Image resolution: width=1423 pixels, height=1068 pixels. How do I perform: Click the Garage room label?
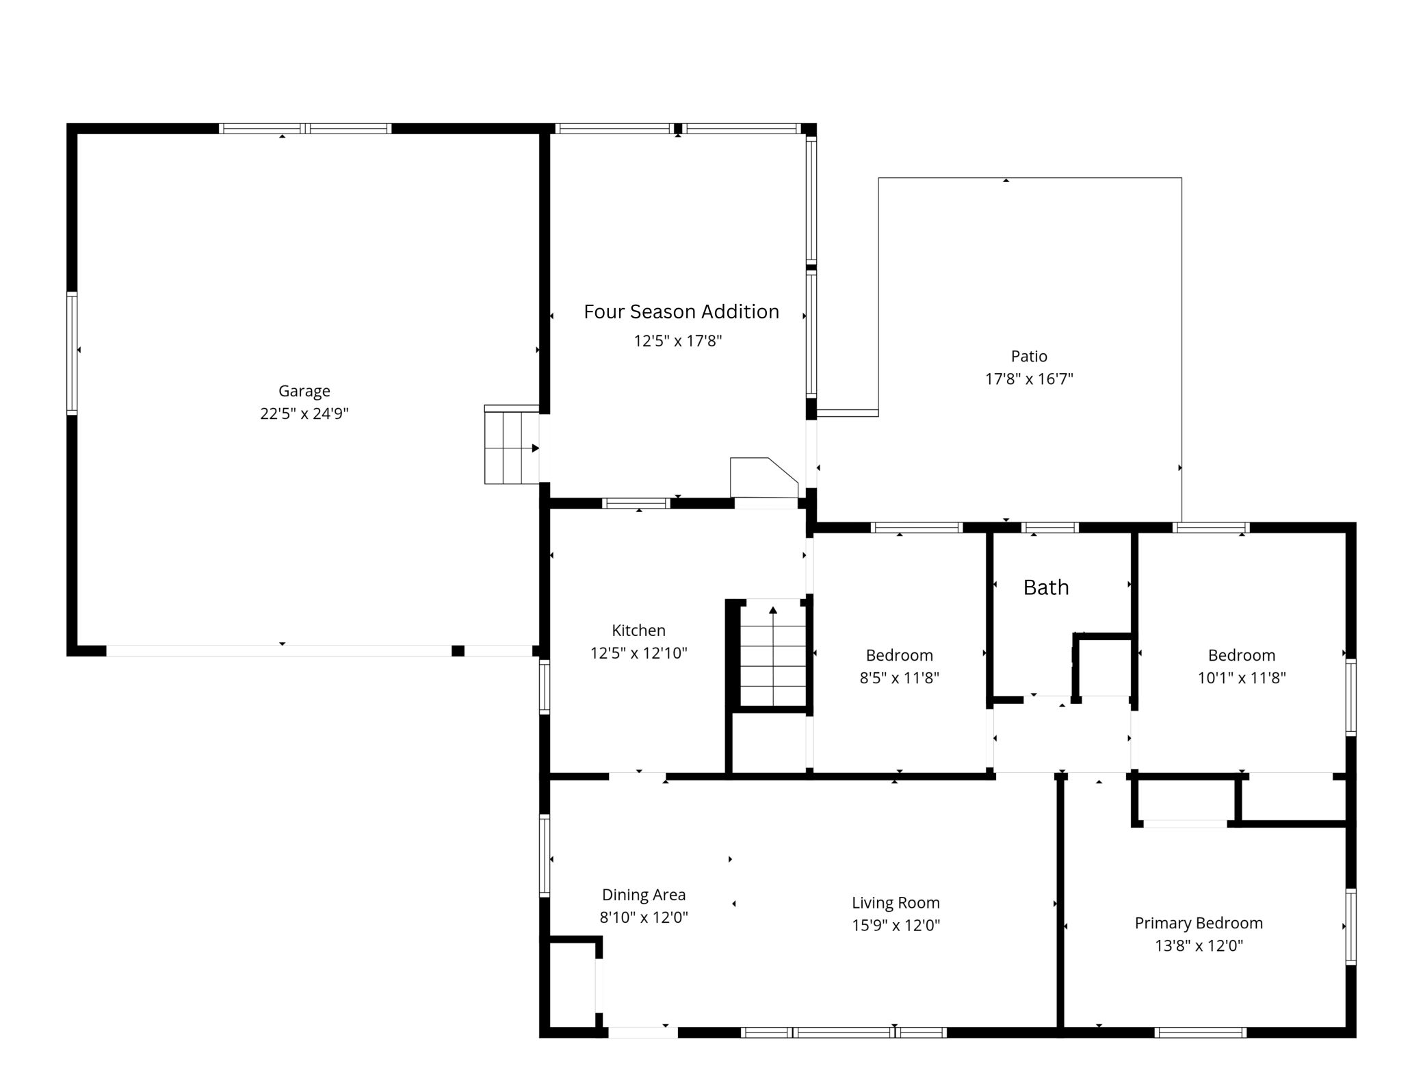pyautogui.click(x=304, y=391)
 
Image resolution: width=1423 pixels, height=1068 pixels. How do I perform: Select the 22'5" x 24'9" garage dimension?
pyautogui.click(x=304, y=414)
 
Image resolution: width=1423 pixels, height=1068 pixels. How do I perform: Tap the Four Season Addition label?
pyautogui.click(x=681, y=312)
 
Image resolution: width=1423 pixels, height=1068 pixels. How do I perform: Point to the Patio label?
pyautogui.click(x=1029, y=356)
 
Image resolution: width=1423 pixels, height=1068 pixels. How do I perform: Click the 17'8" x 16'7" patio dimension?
pyautogui.click(x=1029, y=379)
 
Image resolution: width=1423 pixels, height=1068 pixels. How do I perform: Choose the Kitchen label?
pyautogui.click(x=638, y=631)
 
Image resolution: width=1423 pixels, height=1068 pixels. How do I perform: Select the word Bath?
pyautogui.click(x=1046, y=587)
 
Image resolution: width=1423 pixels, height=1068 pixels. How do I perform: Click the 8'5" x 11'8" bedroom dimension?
pyautogui.click(x=899, y=678)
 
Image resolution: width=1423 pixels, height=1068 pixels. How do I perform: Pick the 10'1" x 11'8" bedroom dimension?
pyautogui.click(x=1241, y=678)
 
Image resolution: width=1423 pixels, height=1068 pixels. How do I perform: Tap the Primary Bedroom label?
pyautogui.click(x=1199, y=923)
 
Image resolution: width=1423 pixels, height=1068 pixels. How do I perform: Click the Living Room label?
pyautogui.click(x=896, y=903)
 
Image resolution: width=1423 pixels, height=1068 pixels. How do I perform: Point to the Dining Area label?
pyautogui.click(x=643, y=895)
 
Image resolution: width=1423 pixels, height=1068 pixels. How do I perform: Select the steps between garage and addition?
pyautogui.click(x=512, y=446)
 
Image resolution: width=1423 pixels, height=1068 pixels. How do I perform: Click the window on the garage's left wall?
pyautogui.click(x=72, y=353)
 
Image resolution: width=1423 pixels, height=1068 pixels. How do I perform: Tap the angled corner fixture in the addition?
pyautogui.click(x=762, y=478)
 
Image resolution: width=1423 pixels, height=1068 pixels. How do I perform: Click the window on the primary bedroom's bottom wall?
pyautogui.click(x=1200, y=1032)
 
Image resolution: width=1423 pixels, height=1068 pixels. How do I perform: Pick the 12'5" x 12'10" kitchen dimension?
pyautogui.click(x=638, y=653)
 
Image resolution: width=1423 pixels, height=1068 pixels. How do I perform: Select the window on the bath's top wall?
pyautogui.click(x=1049, y=527)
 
